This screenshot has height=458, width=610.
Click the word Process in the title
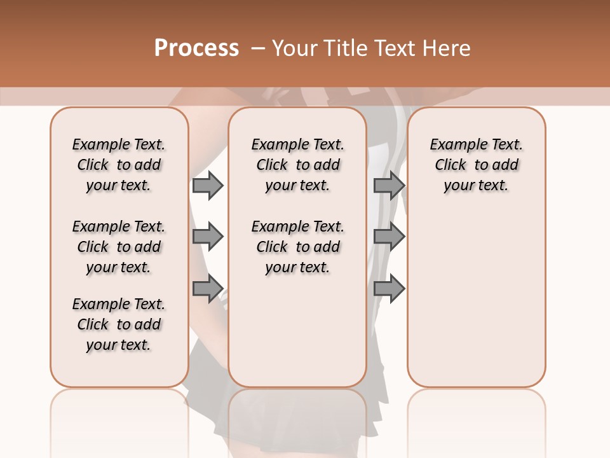tap(196, 48)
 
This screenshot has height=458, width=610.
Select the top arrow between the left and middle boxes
tap(208, 185)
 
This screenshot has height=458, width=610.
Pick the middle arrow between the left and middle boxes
tap(208, 237)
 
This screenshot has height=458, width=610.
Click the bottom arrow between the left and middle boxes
tap(208, 288)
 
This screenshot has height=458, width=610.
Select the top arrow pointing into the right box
tap(389, 185)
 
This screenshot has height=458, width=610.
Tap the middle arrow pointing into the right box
tap(389, 237)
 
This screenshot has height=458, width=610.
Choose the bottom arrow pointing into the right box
tap(389, 288)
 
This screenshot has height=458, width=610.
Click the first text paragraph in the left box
tap(119, 165)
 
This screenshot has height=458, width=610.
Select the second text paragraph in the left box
tap(119, 247)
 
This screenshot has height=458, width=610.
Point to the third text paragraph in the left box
tap(119, 324)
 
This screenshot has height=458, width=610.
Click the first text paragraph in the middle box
tap(297, 165)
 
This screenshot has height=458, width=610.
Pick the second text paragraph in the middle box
tap(297, 247)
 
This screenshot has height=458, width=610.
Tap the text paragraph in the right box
tap(476, 165)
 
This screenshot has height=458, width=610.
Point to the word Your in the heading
tap(295, 48)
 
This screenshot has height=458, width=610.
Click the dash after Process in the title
tap(257, 48)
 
